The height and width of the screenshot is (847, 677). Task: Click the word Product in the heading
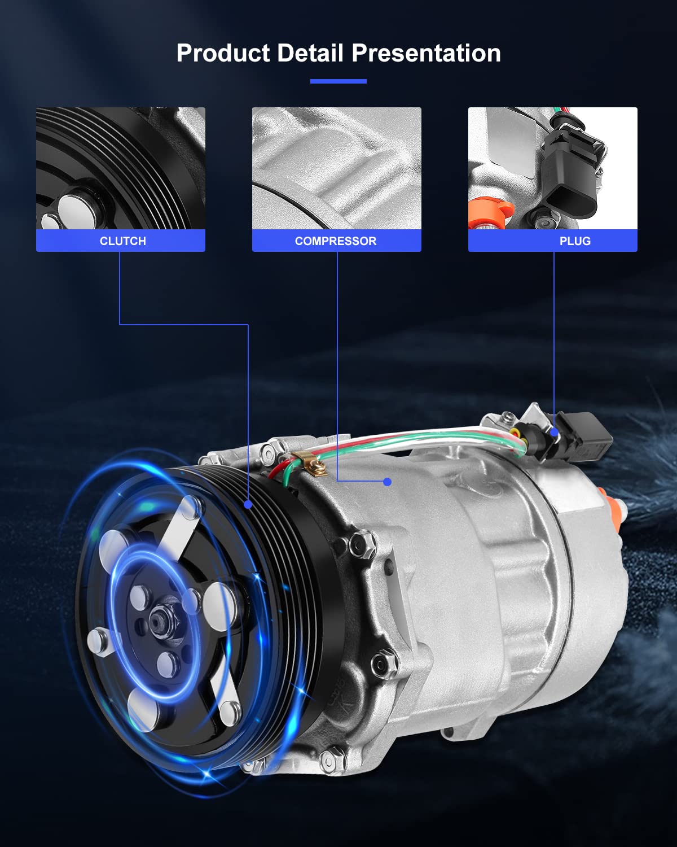(223, 53)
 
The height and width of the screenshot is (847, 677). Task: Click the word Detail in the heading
(310, 53)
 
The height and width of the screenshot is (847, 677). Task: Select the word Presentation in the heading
(427, 53)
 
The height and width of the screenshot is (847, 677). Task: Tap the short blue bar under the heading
(338, 81)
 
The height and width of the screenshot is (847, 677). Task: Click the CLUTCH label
(122, 241)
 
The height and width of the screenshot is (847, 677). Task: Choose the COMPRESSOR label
(336, 241)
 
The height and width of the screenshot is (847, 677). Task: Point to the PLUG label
(575, 241)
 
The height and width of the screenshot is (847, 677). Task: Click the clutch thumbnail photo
(121, 168)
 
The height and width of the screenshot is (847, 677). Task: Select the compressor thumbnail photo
(336, 168)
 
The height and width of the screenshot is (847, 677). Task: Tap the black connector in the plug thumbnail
(570, 175)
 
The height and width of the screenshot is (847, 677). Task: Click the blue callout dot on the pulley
(248, 504)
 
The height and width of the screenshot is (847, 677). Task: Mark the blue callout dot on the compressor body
(387, 482)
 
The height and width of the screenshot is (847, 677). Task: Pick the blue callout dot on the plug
(555, 433)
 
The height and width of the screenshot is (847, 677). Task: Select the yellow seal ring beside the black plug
(515, 432)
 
